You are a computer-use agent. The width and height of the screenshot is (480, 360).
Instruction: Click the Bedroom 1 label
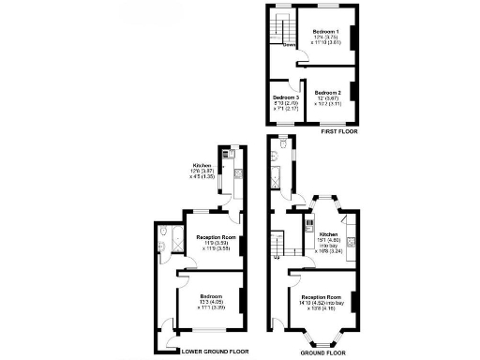click(x=325, y=32)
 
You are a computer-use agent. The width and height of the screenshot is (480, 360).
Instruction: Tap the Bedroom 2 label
click(x=327, y=93)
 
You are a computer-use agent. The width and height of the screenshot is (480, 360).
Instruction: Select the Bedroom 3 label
click(x=286, y=97)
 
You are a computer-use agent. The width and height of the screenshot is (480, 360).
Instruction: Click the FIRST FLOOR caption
click(x=339, y=132)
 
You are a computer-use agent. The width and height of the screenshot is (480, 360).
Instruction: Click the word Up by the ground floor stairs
click(x=277, y=256)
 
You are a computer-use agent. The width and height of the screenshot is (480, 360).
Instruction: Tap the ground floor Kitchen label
click(x=328, y=234)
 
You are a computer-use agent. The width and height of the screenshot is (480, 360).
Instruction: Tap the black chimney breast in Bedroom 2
click(x=352, y=95)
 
